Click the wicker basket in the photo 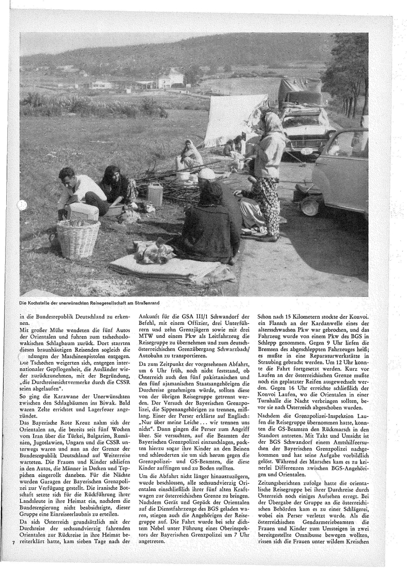(x=78, y=238)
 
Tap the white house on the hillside (x=171, y=79)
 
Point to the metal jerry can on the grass (x=155, y=193)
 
